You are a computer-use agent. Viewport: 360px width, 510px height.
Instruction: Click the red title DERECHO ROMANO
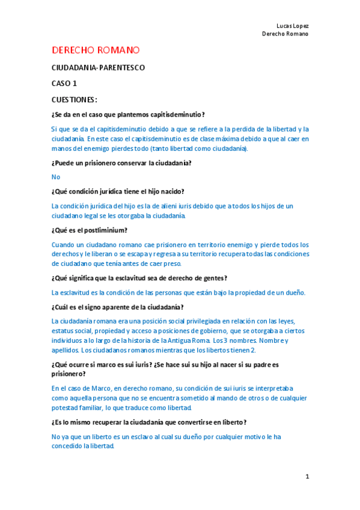(x=96, y=50)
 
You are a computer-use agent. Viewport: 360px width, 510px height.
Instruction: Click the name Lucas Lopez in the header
(x=292, y=26)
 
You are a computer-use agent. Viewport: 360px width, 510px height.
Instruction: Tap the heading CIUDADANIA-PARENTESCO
(x=98, y=68)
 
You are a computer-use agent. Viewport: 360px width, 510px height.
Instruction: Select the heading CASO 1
(x=64, y=84)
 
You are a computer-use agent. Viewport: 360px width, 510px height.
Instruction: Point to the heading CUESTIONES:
(x=75, y=99)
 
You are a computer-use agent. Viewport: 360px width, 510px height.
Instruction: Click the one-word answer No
(x=56, y=177)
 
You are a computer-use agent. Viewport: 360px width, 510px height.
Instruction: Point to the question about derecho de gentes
(x=139, y=278)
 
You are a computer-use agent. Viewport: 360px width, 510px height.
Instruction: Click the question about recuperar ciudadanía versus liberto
(x=149, y=422)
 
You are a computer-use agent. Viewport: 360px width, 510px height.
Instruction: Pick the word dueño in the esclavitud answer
(x=293, y=293)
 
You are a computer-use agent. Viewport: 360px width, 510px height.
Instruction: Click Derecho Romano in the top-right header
(x=285, y=34)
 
